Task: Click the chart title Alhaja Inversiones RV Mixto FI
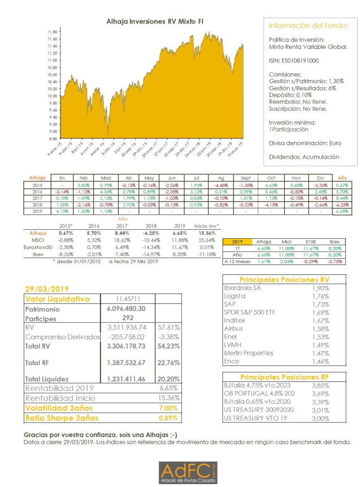tap(155, 21)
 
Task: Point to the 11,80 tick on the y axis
tap(52, 32)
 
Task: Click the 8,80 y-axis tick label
tap(52, 138)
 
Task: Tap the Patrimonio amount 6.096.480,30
tap(123, 309)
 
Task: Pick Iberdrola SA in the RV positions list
tap(242, 288)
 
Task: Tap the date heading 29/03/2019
tap(47, 289)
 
